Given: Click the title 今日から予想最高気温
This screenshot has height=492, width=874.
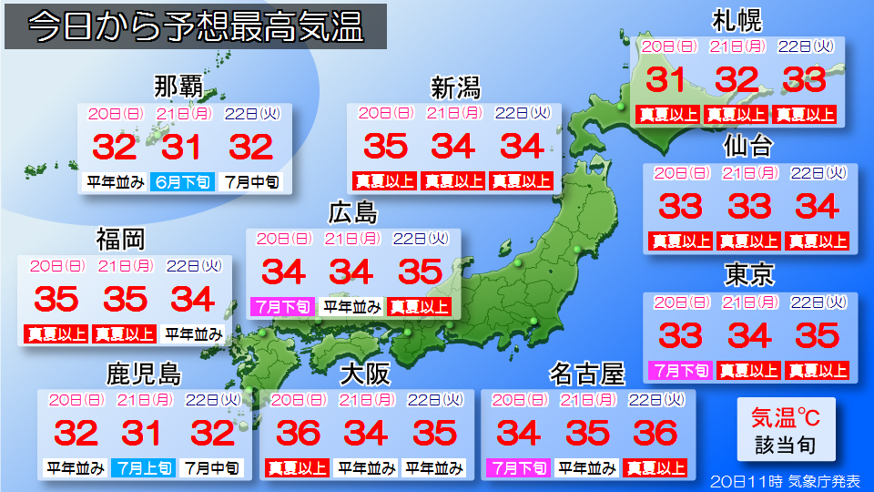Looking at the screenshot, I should click(x=196, y=27).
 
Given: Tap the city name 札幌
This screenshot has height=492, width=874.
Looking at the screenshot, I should click(x=737, y=20).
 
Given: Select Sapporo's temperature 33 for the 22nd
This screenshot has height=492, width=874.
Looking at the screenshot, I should click(x=804, y=80).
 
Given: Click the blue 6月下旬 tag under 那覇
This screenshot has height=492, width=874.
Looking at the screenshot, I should click(x=183, y=181).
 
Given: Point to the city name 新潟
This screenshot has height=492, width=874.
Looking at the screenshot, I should click(x=455, y=87).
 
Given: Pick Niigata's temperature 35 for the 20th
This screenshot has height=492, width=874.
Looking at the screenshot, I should click(x=386, y=146).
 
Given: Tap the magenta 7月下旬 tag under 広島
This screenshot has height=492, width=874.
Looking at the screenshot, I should click(x=282, y=307).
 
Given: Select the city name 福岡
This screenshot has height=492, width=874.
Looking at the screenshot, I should click(x=121, y=240).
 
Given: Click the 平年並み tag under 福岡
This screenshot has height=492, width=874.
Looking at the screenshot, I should click(x=194, y=333).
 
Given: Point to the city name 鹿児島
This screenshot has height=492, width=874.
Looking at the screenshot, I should click(x=144, y=374).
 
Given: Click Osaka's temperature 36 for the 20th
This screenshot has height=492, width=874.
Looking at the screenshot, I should click(x=299, y=433).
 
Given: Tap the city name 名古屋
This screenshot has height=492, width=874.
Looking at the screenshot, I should click(x=587, y=374).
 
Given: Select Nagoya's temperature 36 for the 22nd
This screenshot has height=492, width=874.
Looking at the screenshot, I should click(x=655, y=433).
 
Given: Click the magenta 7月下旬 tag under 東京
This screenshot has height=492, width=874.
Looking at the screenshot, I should click(x=680, y=371).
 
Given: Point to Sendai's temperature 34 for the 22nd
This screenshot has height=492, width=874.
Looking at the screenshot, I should click(x=817, y=207).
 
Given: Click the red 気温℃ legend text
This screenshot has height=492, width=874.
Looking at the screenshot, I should click(x=785, y=418).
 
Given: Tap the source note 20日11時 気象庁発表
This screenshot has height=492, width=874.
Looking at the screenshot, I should click(x=786, y=480).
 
